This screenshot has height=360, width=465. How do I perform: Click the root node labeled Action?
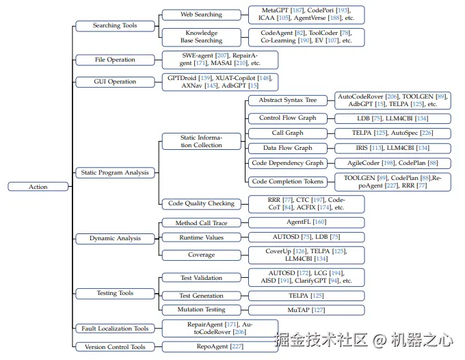38,186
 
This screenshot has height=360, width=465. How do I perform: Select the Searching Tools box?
115,26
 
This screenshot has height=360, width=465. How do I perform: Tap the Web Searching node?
201,14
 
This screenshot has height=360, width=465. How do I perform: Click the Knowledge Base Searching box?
201,36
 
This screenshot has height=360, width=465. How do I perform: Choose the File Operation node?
115,60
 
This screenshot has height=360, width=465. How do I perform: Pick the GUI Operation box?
115,81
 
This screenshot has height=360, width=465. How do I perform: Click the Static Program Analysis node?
115,172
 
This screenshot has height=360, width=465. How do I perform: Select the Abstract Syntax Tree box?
287,101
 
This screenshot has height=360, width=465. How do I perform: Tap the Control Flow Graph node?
287,118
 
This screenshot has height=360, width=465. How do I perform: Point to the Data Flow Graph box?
287,148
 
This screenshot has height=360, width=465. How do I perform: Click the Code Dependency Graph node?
287,163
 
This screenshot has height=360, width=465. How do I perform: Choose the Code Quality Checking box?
201,203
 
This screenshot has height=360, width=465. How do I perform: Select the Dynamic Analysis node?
115,238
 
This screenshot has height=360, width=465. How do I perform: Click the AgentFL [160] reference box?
306,222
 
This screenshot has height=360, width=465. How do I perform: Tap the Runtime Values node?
201,237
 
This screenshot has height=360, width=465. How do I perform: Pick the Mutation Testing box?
201,310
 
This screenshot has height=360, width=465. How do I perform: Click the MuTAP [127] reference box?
306,310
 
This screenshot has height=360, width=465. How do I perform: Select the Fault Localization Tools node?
115,329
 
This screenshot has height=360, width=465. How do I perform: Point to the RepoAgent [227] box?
220,346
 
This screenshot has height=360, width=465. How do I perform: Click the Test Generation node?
201,296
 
